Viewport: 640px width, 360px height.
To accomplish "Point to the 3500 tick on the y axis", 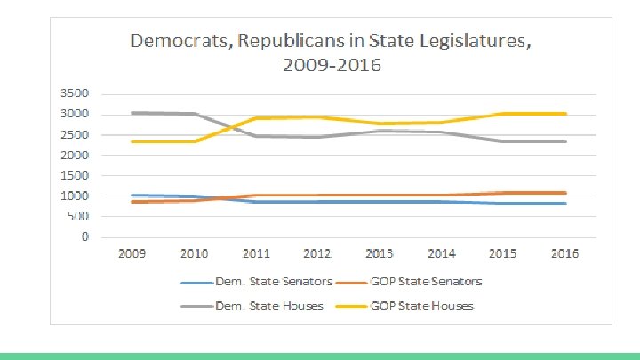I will tap(74, 93).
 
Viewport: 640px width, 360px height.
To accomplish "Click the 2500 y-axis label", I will tap(74, 134).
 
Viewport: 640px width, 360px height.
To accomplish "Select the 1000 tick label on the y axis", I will tap(74, 196).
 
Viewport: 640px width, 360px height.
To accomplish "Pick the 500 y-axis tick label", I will tap(77, 216).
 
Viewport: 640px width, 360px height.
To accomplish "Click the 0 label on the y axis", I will tap(84, 236).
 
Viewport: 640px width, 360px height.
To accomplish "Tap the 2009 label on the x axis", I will tap(132, 253).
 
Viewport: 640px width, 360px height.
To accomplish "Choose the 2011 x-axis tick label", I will tap(256, 253).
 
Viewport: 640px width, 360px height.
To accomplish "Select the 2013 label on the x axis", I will tap(380, 253).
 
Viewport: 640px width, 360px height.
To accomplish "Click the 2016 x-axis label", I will tap(564, 253).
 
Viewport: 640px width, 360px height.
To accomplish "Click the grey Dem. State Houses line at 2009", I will tap(132, 113).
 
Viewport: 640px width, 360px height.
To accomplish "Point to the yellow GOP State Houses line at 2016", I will tap(565, 114).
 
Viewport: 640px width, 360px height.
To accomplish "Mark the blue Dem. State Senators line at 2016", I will tap(565, 204).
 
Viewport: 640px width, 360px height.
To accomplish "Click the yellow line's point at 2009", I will tap(132, 141).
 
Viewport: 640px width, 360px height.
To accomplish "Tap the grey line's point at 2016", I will tap(565, 141).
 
